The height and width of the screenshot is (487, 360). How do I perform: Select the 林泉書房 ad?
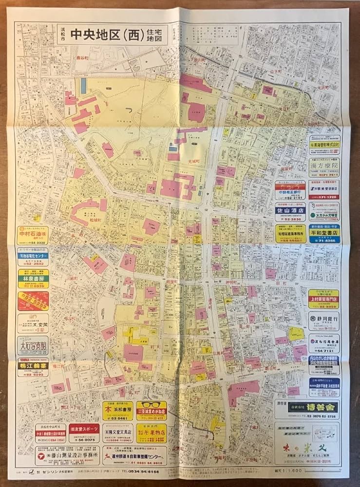click(x=33, y=279)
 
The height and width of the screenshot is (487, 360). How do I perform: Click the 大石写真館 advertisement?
click(x=33, y=345)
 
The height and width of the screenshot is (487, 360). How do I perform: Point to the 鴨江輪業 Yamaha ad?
click(x=33, y=367)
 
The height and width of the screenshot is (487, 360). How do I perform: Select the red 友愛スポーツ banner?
click(x=84, y=429)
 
